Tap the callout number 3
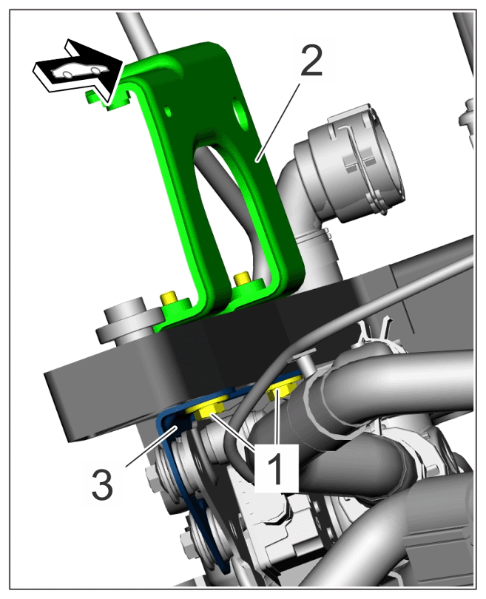(x=102, y=484)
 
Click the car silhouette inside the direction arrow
(x=79, y=70)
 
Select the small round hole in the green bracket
(x=167, y=111)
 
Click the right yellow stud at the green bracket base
(x=241, y=279)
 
